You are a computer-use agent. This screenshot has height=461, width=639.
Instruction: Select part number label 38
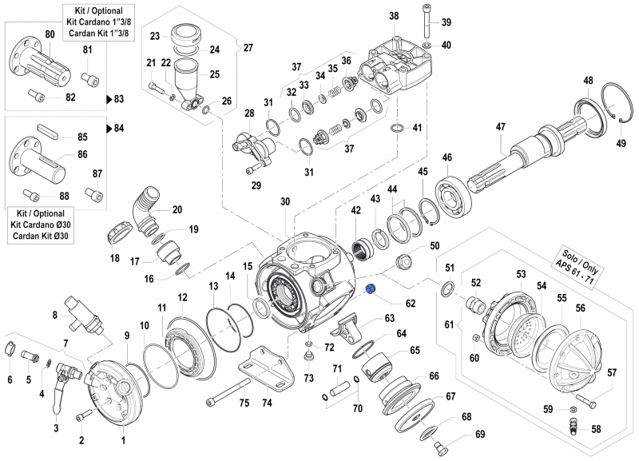[393, 16]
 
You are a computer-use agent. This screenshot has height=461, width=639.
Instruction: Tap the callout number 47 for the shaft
[501, 127]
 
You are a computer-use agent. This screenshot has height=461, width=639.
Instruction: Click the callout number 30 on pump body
[285, 202]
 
